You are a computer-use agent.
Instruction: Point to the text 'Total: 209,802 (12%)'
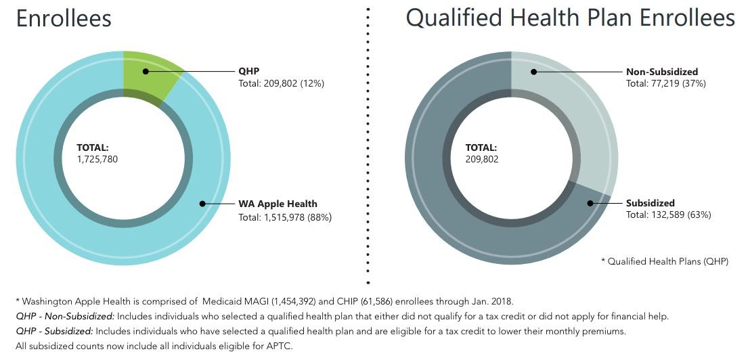pyautogui.click(x=282, y=84)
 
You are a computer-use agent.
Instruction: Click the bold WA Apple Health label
pyautogui.click(x=278, y=204)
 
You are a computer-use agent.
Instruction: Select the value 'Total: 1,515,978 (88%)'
pyautogui.click(x=285, y=217)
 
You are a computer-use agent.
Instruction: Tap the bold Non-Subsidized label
pyautogui.click(x=662, y=72)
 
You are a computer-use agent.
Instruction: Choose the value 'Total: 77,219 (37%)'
pyautogui.click(x=666, y=84)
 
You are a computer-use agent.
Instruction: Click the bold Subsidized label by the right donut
pyautogui.click(x=650, y=203)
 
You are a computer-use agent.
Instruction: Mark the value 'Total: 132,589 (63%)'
pyautogui.click(x=668, y=215)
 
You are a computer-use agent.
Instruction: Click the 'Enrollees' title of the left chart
pyautogui.click(x=64, y=18)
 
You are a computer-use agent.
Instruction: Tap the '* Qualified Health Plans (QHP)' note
pyautogui.click(x=665, y=261)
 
